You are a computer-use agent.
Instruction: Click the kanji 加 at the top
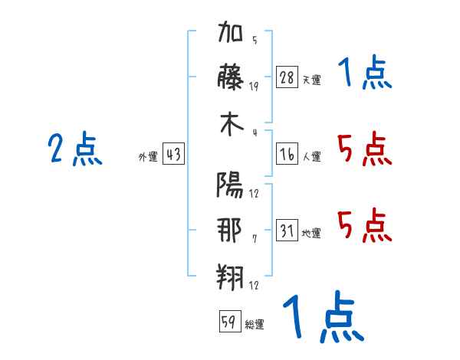click(x=231, y=31)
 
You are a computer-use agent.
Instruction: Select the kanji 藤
click(x=230, y=77)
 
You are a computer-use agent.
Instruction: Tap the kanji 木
click(x=232, y=124)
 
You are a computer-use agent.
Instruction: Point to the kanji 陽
click(x=230, y=185)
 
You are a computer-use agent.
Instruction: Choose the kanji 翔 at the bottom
click(x=230, y=277)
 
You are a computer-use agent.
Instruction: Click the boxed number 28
click(x=287, y=77)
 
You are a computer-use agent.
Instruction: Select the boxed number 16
click(x=287, y=154)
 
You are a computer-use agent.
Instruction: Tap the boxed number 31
click(x=287, y=230)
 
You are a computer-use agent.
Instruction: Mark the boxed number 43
click(x=173, y=154)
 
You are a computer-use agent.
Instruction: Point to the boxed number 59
click(x=230, y=321)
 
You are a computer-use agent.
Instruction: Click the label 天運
click(x=312, y=80)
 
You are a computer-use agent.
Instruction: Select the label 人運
click(x=312, y=156)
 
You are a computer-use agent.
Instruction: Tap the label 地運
click(x=311, y=233)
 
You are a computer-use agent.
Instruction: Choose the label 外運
click(x=148, y=156)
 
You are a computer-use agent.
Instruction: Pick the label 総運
click(x=255, y=324)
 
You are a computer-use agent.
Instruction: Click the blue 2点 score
click(x=75, y=149)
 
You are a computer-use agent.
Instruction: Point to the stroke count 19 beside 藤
click(x=254, y=87)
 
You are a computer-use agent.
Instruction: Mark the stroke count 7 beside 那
click(x=255, y=239)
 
